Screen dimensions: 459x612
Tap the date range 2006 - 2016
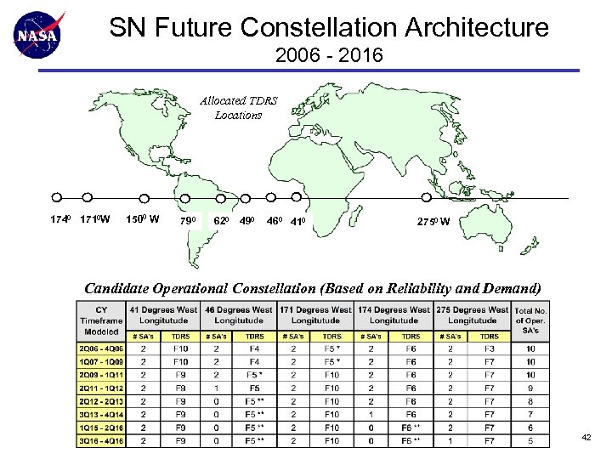tap(329, 57)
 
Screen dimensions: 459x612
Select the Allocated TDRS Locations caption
tap(238, 107)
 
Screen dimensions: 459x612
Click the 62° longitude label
tap(220, 222)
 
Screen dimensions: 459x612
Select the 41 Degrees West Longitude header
tap(164, 314)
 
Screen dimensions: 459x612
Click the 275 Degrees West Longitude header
tap(472, 314)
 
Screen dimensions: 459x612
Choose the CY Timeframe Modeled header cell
tap(101, 320)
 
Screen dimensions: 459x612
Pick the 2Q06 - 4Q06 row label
tap(101, 348)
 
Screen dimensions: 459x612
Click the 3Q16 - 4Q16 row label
tap(101, 441)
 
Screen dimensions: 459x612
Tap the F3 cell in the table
tap(490, 348)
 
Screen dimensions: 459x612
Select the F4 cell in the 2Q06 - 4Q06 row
tap(254, 348)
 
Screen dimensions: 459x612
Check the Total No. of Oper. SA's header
tap(530, 320)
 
